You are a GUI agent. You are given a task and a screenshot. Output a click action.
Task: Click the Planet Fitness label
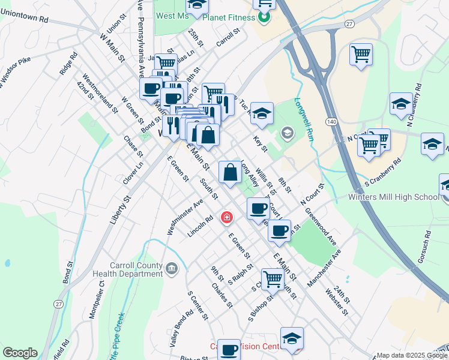[228, 17]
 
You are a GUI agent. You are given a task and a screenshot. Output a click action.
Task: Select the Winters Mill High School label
[394, 197]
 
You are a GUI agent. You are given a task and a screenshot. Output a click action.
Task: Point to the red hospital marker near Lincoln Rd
[227, 217]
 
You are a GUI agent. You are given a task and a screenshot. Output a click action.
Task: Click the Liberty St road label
[119, 208]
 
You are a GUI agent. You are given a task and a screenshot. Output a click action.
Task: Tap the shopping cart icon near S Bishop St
[273, 278]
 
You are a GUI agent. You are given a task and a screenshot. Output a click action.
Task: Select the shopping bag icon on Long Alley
[231, 173]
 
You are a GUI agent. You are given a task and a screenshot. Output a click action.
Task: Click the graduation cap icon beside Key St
[262, 113]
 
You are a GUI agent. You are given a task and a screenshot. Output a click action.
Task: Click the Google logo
[20, 353]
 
